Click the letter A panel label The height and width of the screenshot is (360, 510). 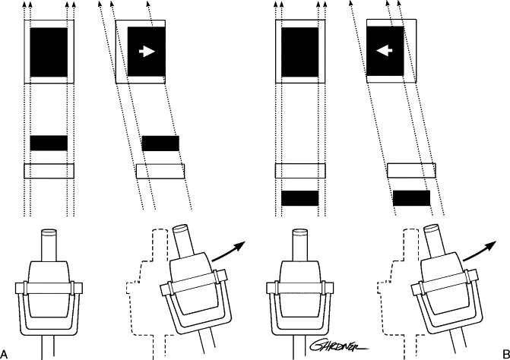pos(4,354)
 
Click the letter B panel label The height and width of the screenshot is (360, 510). pos(505,354)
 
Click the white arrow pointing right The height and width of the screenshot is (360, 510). pos(147,52)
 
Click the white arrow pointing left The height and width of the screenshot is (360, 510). pos(384,50)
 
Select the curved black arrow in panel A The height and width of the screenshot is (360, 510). pos(228,251)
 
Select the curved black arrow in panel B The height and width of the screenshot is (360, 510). pos(479,251)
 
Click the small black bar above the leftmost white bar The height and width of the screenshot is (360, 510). pos(49,143)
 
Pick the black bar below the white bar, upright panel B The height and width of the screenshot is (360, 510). pos(300,198)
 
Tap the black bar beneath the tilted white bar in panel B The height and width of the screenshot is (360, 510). pos(411,198)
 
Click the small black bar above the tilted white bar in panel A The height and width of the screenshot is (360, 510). pos(160,144)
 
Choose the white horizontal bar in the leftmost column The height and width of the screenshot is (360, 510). pos(49,171)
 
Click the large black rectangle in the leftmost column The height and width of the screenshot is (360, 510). pos(49,52)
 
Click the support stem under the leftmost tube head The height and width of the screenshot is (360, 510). pos(47,347)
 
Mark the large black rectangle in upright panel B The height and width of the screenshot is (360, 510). pos(300,52)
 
